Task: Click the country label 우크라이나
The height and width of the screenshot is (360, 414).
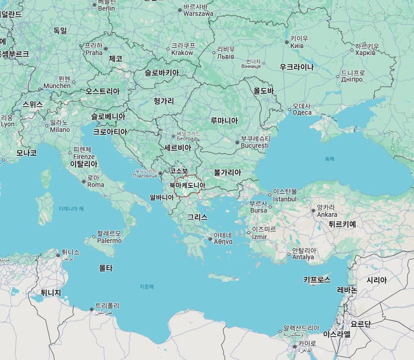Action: coord(296,67)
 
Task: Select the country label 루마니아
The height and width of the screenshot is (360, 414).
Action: coord(224,120)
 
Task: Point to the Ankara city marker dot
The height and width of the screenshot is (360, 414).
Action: coord(313,211)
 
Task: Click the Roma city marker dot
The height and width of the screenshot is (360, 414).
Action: coord(84,181)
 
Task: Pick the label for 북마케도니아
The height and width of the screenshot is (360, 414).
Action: coord(187,185)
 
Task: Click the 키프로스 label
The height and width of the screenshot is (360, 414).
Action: coord(317,280)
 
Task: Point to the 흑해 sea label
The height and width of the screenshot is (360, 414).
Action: coord(330,159)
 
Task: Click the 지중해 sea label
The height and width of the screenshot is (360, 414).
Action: coord(147,286)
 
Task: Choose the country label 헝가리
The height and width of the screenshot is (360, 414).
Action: coord(163,101)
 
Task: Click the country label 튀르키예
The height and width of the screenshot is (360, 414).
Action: coord(342,224)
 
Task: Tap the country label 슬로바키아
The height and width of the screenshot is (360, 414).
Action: coord(161,73)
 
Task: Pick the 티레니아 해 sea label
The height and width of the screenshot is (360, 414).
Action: coord(71,208)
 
